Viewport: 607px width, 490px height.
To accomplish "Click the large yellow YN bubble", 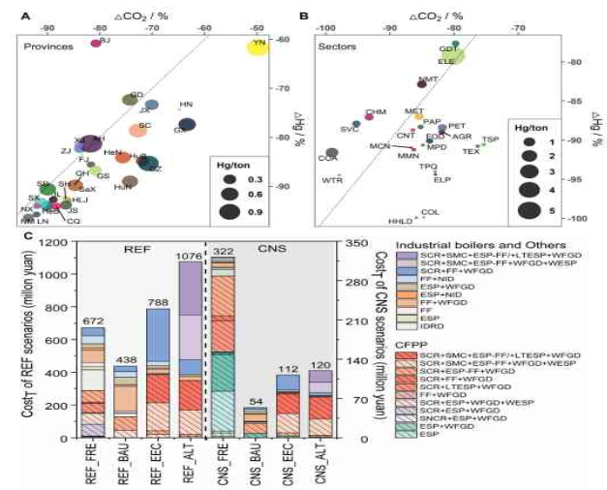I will pyautogui.click(x=258, y=46).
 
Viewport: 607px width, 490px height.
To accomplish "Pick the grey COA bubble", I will pyautogui.click(x=332, y=153).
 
